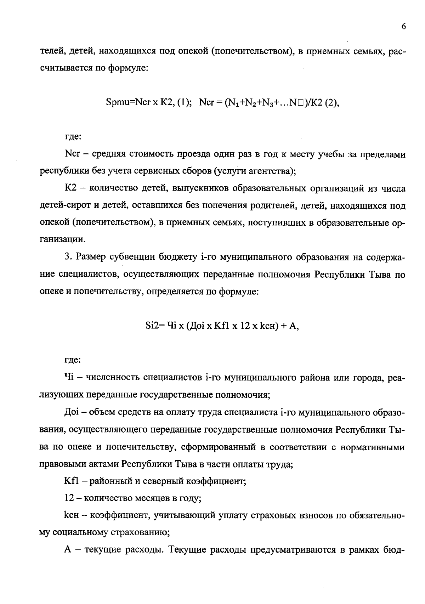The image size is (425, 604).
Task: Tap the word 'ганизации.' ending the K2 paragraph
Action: point(62,239)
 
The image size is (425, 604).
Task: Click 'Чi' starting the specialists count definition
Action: point(68,378)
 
